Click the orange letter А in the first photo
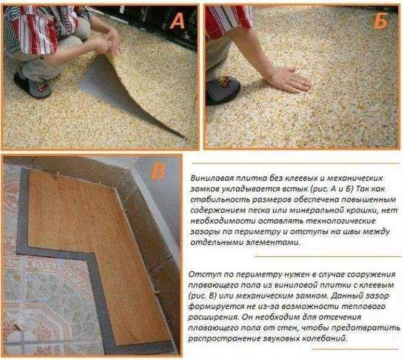click(178, 20)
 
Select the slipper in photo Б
click(223, 89)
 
